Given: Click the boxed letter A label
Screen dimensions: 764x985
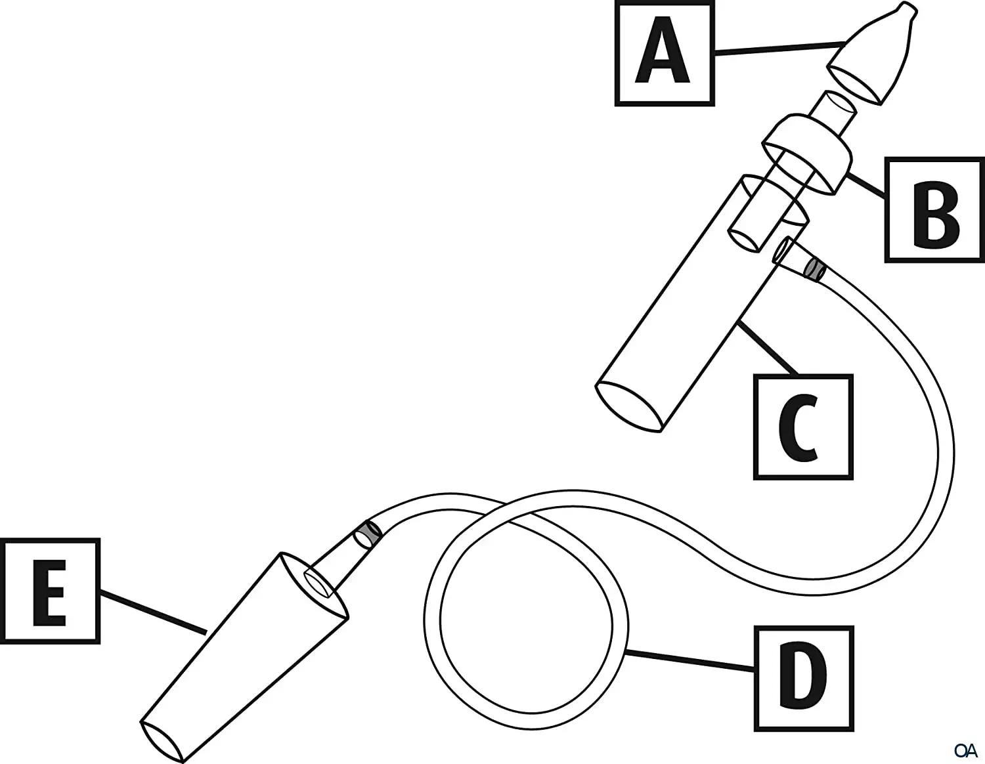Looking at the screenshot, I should click(664, 54).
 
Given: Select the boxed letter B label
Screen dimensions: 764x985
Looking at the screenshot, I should click(935, 210).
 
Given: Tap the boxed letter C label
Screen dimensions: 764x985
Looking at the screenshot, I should click(802, 427).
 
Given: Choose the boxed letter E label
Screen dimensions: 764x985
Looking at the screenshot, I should click(50, 591).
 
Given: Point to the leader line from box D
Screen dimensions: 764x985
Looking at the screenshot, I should click(689, 660).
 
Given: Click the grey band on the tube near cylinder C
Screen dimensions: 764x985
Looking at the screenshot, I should click(815, 269).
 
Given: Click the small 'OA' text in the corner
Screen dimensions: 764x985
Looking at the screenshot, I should click(966, 749).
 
